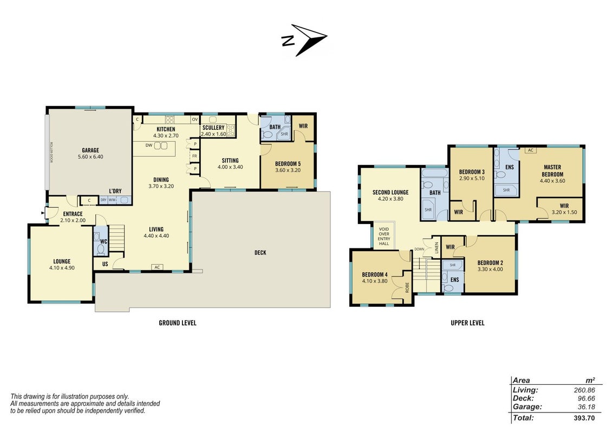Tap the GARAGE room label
tap(90, 150)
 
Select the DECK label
tap(260, 253)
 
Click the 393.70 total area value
tap(584, 418)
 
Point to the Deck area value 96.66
tap(586, 398)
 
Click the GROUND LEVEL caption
tap(178, 323)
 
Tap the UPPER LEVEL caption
tap(467, 323)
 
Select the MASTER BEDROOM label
tap(552, 171)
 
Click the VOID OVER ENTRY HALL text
tap(384, 237)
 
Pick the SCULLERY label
tap(213, 128)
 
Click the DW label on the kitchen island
tap(149, 146)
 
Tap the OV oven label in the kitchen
tap(195, 120)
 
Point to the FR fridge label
tap(195, 156)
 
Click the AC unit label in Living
tap(157, 267)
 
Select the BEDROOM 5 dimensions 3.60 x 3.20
tap(288, 170)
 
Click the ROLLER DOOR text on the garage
tap(51, 153)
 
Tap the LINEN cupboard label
tap(436, 248)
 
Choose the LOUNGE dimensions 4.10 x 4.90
tap(62, 268)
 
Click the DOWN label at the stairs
tap(419, 250)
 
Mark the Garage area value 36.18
tap(586, 407)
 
